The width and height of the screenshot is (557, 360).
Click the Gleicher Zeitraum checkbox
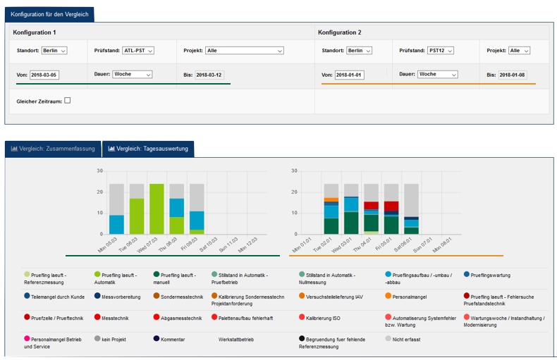68,101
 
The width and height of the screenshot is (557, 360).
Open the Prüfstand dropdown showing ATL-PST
137,51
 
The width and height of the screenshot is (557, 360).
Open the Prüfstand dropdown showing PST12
441,51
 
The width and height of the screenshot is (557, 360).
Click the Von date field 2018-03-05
44,75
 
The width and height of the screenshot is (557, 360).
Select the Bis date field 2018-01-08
513,75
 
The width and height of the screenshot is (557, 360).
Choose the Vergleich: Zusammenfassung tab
53,149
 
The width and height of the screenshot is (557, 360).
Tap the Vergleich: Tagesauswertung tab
148,149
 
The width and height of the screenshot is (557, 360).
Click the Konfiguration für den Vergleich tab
49,15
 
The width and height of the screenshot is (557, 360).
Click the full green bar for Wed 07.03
157,209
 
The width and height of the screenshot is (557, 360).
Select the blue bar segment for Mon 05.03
116,225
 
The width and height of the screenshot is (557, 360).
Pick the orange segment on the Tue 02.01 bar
331,200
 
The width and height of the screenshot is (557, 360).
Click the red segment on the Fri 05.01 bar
391,206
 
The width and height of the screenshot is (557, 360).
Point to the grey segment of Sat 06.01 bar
411,200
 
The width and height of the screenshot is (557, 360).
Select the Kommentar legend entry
169,339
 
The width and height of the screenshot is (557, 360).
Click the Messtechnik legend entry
111,318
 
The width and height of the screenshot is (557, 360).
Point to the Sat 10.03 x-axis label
209,244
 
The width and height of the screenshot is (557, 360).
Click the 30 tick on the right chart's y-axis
294,170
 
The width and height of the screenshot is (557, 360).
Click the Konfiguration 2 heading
340,32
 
